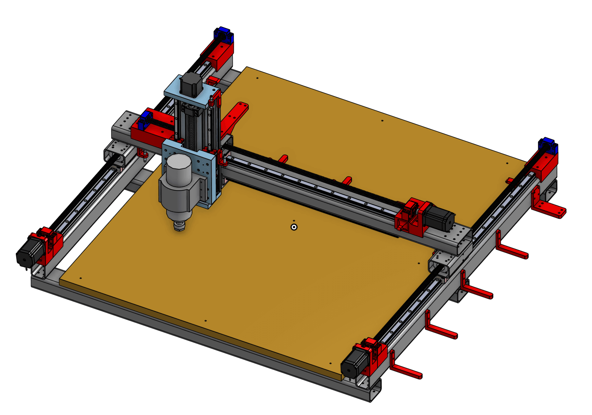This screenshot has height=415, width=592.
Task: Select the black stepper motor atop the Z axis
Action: [x=191, y=84]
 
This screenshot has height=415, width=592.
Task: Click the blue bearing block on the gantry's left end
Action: [x=145, y=119]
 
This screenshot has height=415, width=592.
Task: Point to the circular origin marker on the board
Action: [x=294, y=227]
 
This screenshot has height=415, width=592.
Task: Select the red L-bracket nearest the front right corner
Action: [x=404, y=369]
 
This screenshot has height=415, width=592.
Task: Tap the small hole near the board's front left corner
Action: [x=81, y=278]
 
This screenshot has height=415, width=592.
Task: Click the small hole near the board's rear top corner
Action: [x=257, y=78]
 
